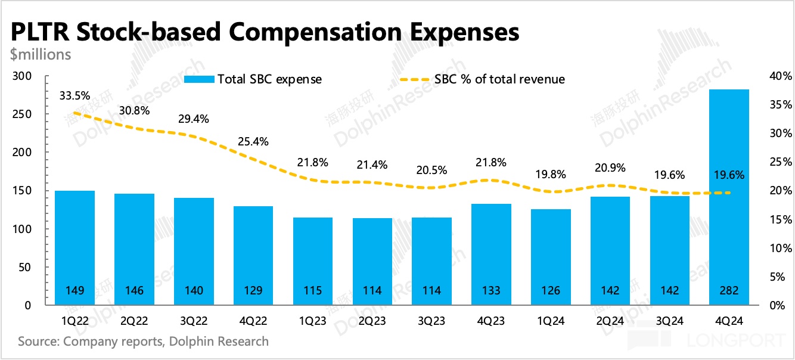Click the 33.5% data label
[x=74, y=95]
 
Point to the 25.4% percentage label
[x=253, y=142]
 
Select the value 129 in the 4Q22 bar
[x=253, y=291]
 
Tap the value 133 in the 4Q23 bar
[x=492, y=291]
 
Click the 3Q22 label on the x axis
[x=194, y=321]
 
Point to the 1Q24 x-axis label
[x=551, y=321]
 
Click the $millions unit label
[x=41, y=55]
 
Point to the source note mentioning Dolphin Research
[x=143, y=342]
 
